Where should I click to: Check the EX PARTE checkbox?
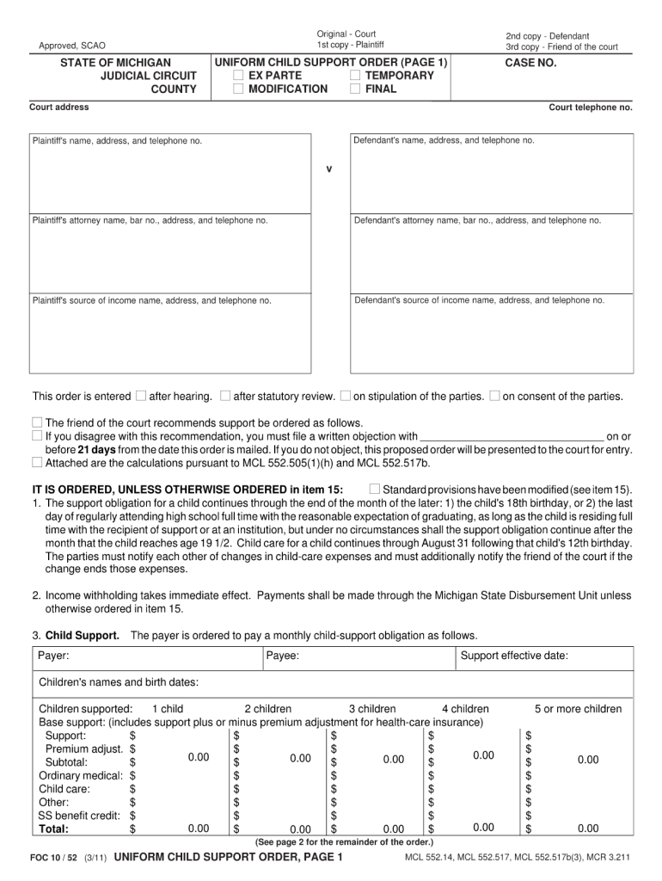click(239, 76)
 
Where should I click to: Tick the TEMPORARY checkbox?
click(356, 76)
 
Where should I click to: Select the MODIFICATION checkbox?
click(239, 89)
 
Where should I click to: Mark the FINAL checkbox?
click(356, 89)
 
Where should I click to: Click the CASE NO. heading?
click(530, 63)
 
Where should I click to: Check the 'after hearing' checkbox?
click(140, 397)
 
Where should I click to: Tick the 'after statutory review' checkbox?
click(225, 397)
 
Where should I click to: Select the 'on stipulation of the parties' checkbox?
click(346, 397)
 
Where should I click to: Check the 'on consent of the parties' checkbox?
click(494, 397)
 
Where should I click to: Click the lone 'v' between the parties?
click(328, 169)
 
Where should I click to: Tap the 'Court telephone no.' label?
click(591, 108)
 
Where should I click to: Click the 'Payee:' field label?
click(283, 656)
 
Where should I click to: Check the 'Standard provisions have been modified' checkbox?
click(374, 490)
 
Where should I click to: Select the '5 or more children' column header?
click(578, 709)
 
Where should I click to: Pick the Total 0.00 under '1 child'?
click(199, 829)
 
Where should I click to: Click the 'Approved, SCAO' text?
click(72, 46)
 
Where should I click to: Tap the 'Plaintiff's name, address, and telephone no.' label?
click(117, 141)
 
